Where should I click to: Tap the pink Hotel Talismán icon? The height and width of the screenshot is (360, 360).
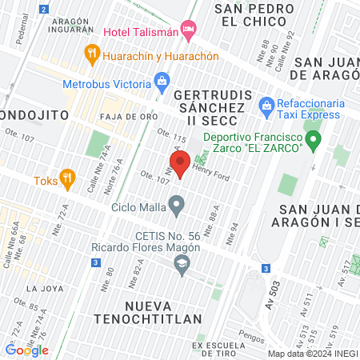(x=190, y=31)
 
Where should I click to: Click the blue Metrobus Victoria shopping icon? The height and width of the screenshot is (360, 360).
(x=162, y=80)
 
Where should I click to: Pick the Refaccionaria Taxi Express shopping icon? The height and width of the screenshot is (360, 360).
(x=266, y=104)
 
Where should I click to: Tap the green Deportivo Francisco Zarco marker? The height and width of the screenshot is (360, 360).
(x=314, y=142)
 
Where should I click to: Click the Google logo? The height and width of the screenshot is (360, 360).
(x=26, y=350)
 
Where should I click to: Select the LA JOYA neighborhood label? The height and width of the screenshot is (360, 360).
(x=43, y=287)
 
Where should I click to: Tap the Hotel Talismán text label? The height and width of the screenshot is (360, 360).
(x=141, y=32)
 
